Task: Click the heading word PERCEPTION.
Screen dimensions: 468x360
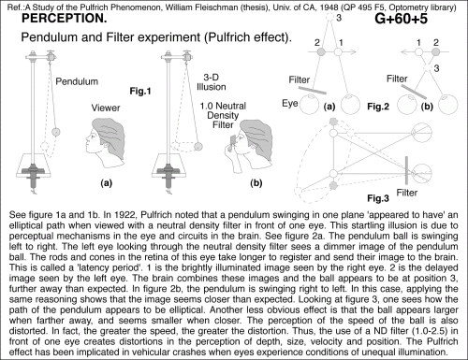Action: [65, 19]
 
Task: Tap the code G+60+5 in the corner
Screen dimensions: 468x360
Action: [401, 19]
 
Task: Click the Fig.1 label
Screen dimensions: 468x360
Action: [140, 91]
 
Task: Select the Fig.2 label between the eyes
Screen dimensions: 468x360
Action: [378, 107]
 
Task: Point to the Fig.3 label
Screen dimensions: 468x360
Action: [378, 198]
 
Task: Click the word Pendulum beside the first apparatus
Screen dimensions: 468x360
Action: [77, 81]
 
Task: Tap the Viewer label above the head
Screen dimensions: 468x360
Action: [106, 108]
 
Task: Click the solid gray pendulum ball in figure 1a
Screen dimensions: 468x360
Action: [56, 132]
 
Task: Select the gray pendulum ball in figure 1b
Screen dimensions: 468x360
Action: [198, 146]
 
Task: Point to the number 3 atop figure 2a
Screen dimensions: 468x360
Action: [339, 18]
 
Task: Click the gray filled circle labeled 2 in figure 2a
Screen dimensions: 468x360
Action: [321, 51]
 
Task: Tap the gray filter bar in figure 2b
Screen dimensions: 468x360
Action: [414, 91]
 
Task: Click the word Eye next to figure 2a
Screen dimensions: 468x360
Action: [290, 104]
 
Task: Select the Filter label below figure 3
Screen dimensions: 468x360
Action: [407, 193]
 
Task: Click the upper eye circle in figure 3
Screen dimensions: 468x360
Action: [422, 133]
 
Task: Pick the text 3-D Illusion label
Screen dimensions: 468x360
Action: [212, 82]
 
